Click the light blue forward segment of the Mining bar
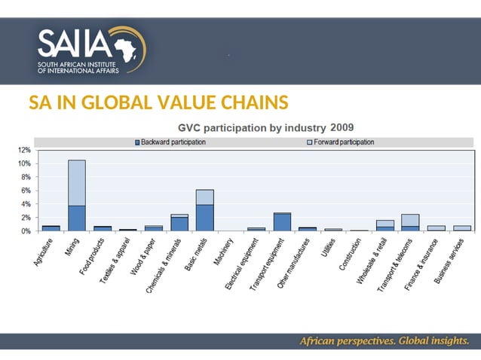[x=77, y=183]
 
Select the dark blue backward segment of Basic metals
[x=205, y=218]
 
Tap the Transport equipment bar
[x=282, y=221]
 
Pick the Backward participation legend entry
[x=170, y=142]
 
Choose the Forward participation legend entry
[x=341, y=142]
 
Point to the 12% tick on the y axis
[x=25, y=150]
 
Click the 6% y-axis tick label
[x=26, y=191]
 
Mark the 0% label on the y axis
[x=26, y=231]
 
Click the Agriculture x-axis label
[x=43, y=252]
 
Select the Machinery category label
[x=223, y=252]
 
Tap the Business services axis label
[x=449, y=261]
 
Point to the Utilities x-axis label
[x=328, y=248]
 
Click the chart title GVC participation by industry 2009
[x=265, y=127]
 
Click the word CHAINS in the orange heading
[x=255, y=102]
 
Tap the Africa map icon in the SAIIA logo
[x=125, y=50]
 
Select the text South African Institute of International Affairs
[x=78, y=68]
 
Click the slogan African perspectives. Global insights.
[x=384, y=340]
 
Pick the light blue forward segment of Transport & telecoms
[x=410, y=220]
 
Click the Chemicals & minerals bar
[x=179, y=222]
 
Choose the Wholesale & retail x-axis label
[x=372, y=261]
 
